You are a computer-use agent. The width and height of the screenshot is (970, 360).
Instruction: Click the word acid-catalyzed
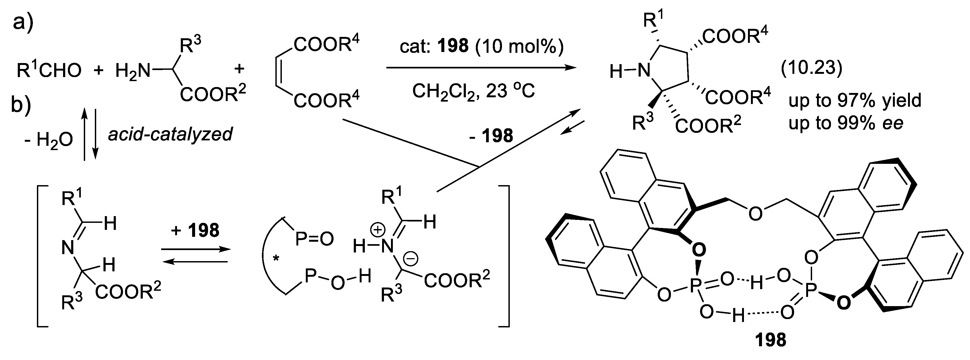170,134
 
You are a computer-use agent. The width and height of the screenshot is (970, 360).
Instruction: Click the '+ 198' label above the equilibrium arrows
195,230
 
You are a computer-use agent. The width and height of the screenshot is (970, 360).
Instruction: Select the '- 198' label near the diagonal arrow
491,136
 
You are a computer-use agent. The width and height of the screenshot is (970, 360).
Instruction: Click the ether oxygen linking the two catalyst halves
755,213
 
